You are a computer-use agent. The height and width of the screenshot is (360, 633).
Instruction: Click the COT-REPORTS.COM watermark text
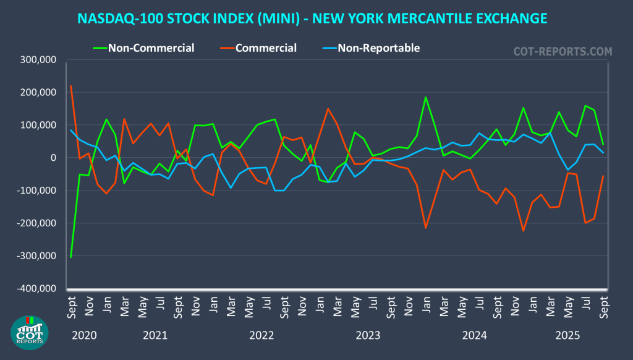coord(563,51)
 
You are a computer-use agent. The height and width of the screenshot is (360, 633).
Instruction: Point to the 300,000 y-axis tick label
coord(39,60)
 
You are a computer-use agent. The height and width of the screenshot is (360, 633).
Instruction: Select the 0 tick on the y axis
coord(54,158)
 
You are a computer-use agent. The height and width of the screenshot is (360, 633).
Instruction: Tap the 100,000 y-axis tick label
coord(39,125)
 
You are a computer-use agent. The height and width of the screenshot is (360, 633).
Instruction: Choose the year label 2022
coord(261,336)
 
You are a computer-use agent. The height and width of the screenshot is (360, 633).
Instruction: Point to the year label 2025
coord(567,336)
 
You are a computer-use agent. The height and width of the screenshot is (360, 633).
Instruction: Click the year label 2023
coord(368,336)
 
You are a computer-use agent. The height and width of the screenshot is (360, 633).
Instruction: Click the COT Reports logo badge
coord(29,332)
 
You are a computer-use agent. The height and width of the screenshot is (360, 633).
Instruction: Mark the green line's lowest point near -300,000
coord(71,257)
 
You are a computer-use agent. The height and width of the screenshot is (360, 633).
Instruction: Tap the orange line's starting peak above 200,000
coord(71,86)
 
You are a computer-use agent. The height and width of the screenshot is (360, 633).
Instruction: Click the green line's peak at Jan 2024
coord(425,97)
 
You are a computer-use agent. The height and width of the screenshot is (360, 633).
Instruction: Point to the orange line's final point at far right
coord(603,176)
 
